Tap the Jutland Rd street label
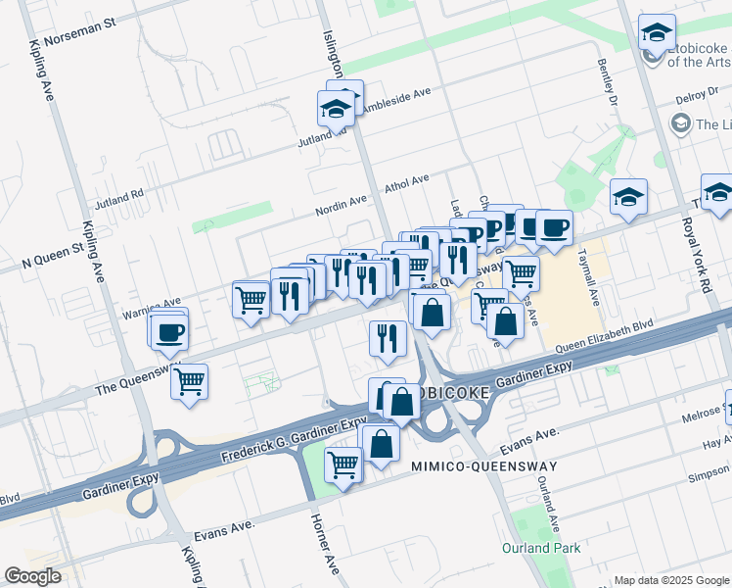118,200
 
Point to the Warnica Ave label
151,308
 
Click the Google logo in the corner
32,576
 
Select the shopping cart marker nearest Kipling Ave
189,380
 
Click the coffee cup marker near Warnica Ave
168,330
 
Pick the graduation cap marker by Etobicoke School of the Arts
656,32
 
